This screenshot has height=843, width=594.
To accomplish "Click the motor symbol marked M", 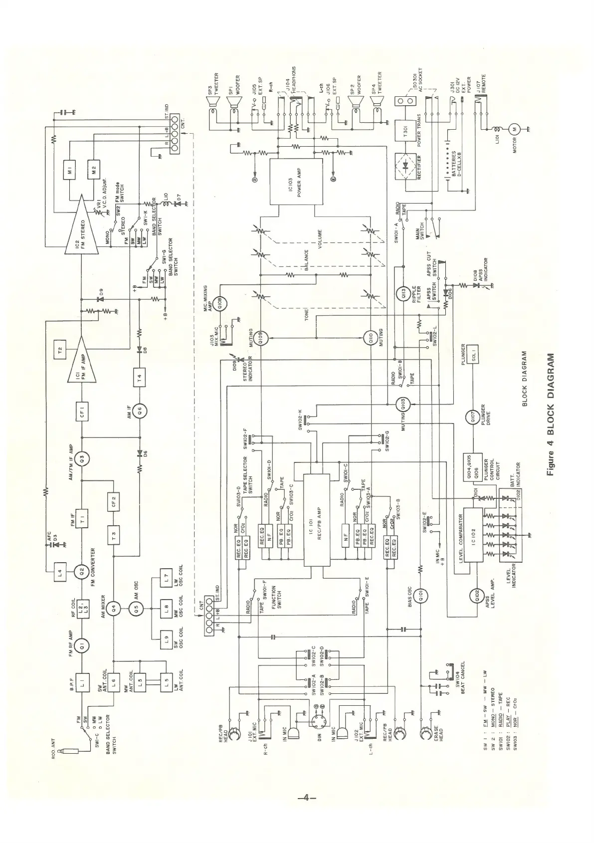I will [x=515, y=129].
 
